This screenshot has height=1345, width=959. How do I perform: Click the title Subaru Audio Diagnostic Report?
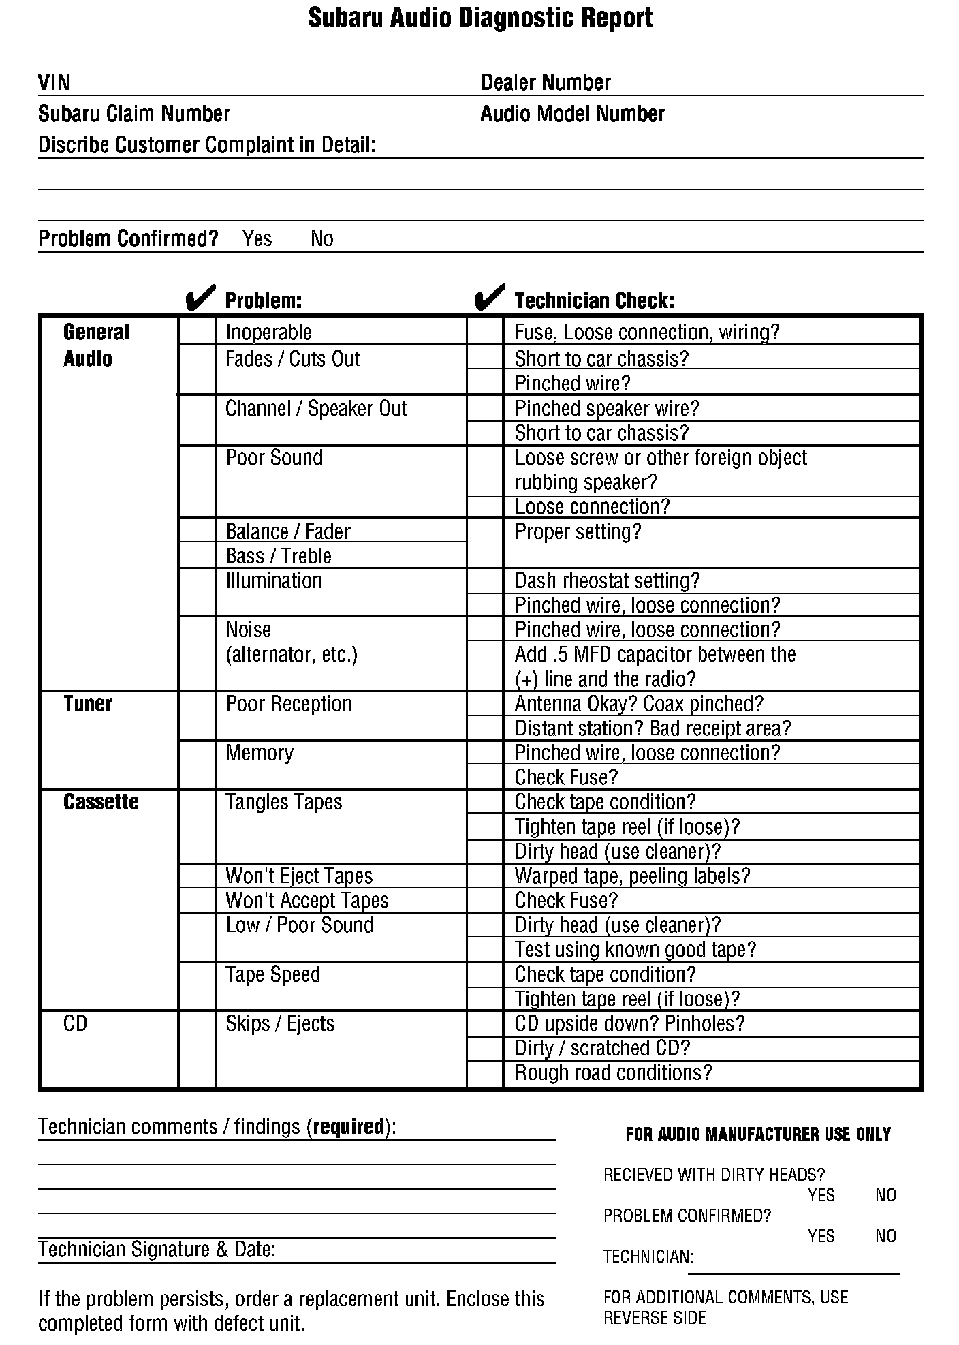tap(480, 18)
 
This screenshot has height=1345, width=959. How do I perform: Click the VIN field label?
tap(54, 82)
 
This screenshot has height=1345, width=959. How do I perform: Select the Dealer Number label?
tap(546, 82)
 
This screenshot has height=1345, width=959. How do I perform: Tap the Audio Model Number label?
tap(572, 114)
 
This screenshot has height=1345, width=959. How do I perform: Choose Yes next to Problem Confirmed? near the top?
tap(257, 238)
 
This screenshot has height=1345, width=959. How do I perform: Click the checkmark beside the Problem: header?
tap(200, 298)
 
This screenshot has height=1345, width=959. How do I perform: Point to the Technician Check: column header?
tap(594, 300)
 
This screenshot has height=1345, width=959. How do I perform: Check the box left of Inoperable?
tap(197, 332)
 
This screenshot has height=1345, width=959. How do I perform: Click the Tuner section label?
tap(87, 703)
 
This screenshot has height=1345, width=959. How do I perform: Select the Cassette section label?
tap(101, 802)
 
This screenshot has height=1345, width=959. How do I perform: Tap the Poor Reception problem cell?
tap(288, 703)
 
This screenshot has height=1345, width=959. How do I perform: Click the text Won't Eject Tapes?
tap(299, 876)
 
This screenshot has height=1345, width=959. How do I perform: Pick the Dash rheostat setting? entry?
tap(607, 581)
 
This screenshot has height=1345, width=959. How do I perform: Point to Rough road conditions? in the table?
tap(613, 1072)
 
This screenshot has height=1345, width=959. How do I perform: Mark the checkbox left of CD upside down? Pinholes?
tap(485, 1023)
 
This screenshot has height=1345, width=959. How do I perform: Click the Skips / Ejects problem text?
tap(280, 1023)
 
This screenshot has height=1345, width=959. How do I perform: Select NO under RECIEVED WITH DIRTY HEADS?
tap(885, 1195)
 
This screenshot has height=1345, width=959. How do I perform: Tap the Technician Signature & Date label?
tap(157, 1249)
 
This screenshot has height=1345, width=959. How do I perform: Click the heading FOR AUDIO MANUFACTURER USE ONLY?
tap(758, 1134)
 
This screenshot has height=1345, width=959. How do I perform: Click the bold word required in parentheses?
tap(349, 1127)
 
